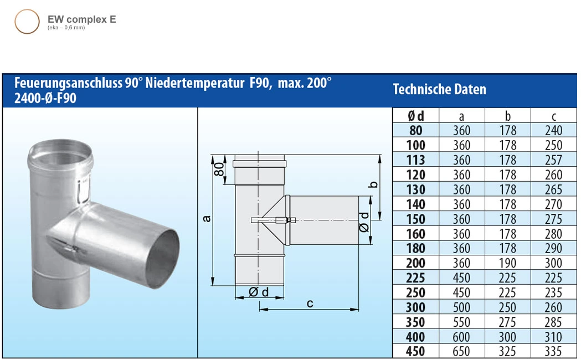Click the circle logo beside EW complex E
(x=27, y=22)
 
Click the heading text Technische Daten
(x=439, y=89)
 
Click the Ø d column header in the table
(x=415, y=116)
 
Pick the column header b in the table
(x=507, y=116)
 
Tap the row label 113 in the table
(x=415, y=160)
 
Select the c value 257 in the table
(x=553, y=160)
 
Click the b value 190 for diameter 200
(x=507, y=263)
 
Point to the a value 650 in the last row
(x=461, y=351)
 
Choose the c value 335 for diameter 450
(x=553, y=351)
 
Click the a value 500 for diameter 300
(x=461, y=307)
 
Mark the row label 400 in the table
(x=415, y=337)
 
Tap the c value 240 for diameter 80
(x=553, y=131)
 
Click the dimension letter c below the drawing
(x=310, y=304)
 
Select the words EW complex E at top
(x=82, y=19)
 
